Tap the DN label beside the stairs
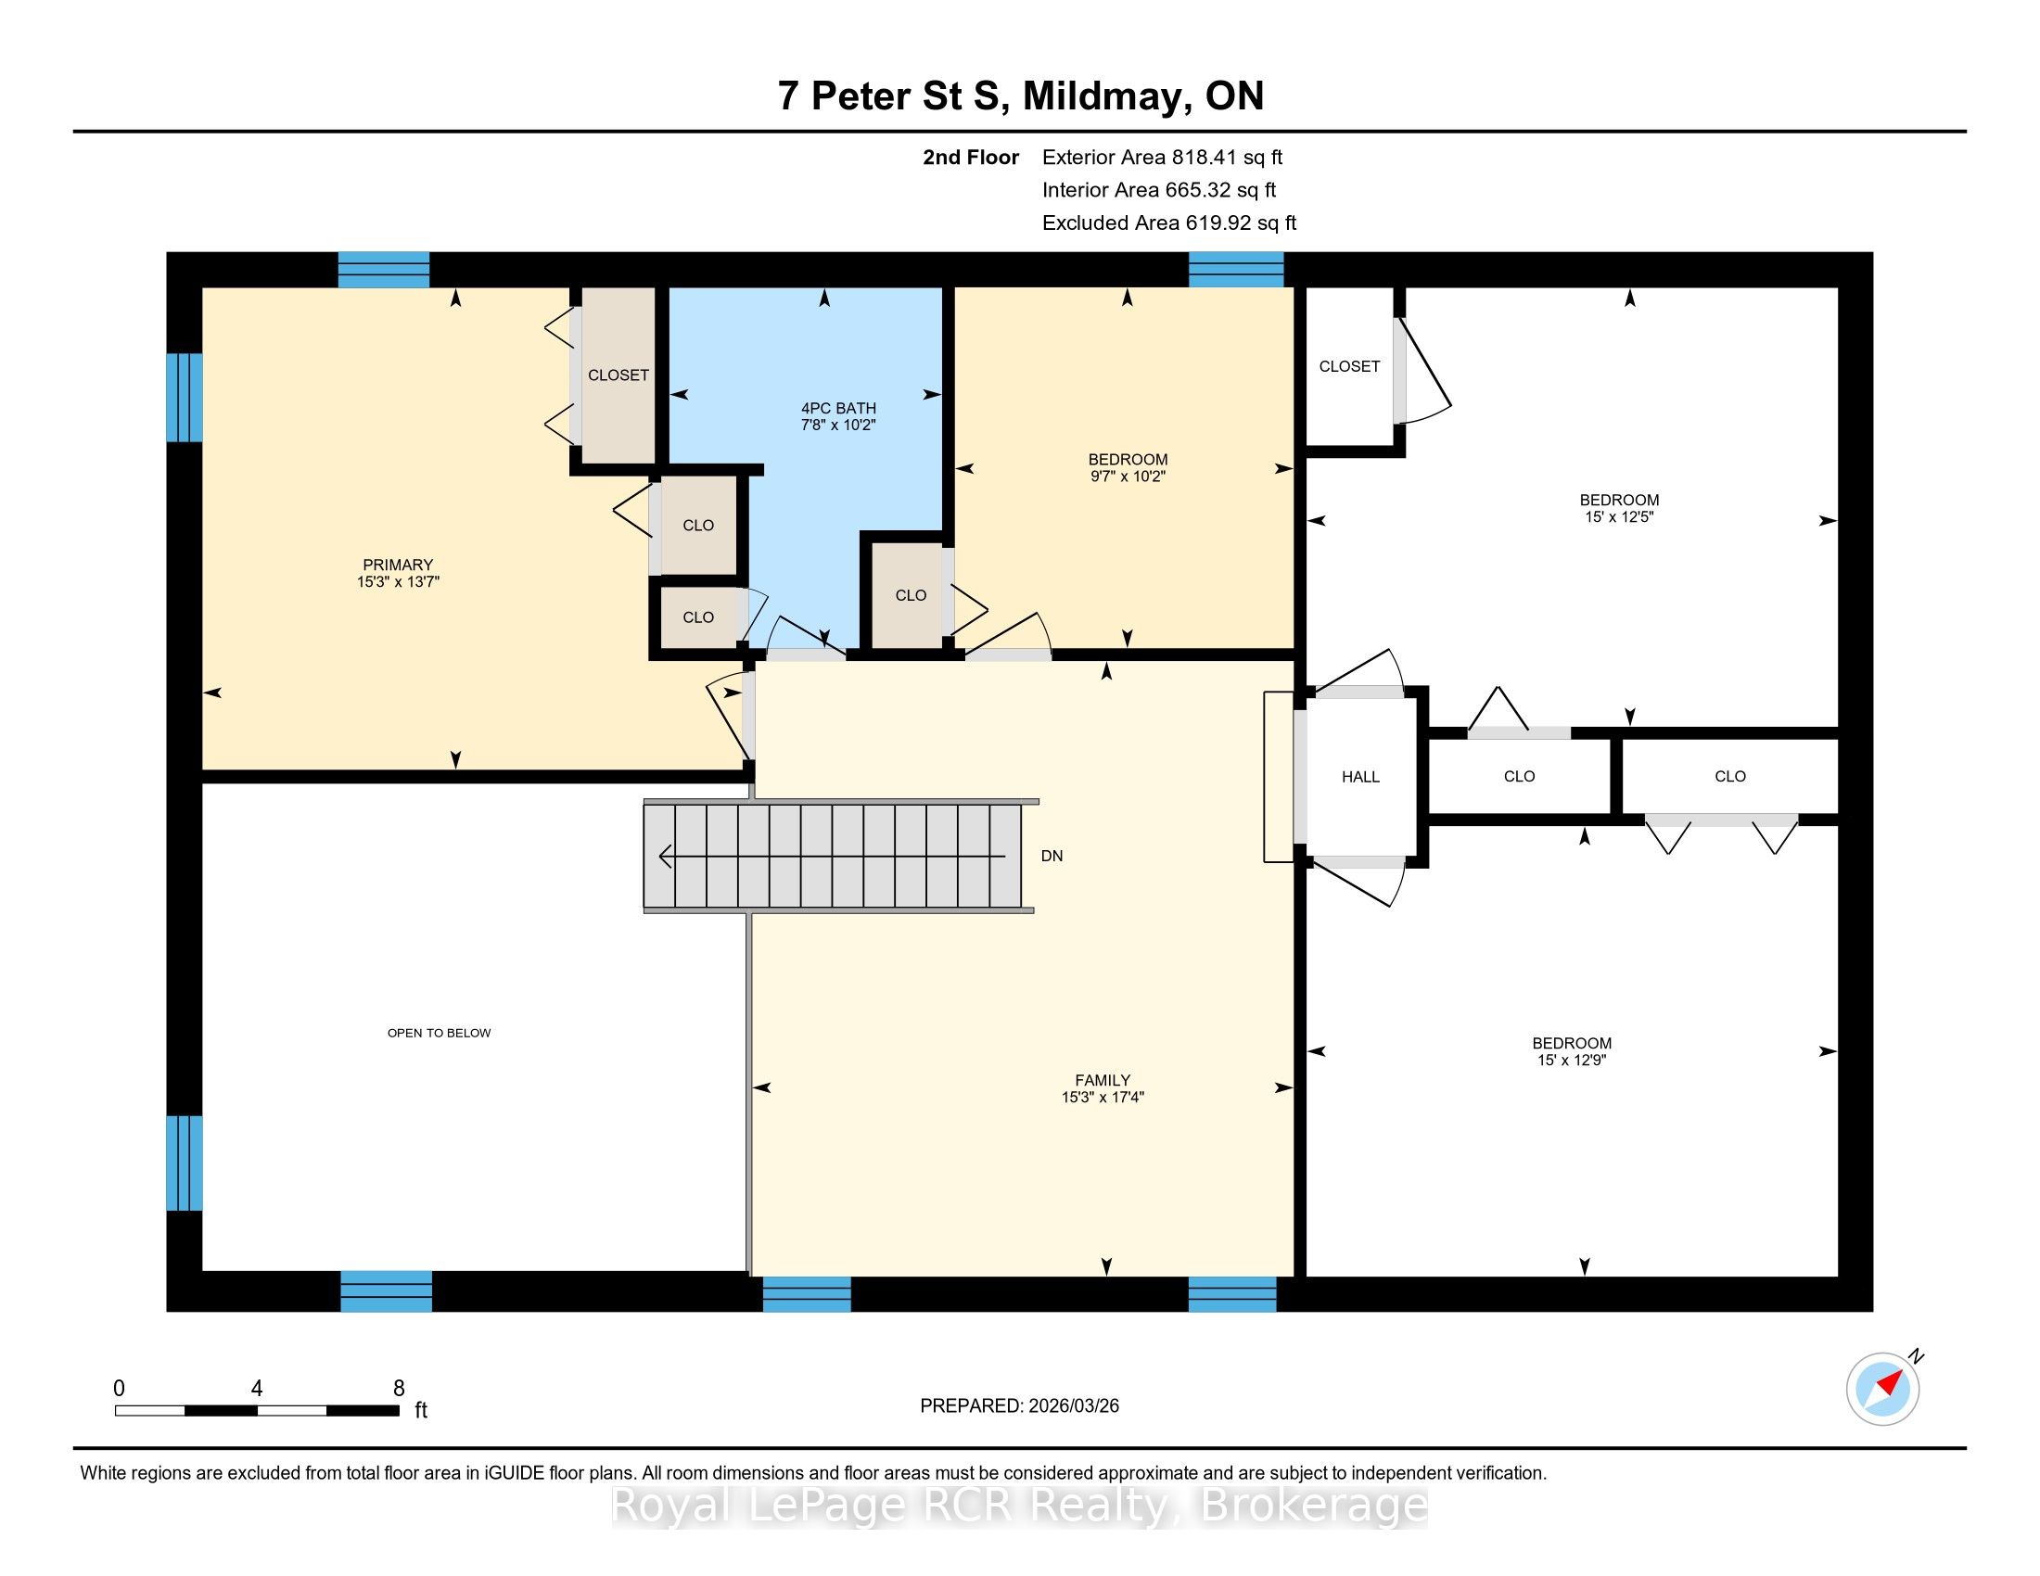[1052, 857]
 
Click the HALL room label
[1360, 777]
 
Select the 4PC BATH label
[839, 408]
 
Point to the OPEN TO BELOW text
[439, 1033]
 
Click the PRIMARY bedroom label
[398, 565]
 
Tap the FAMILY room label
[1103, 1080]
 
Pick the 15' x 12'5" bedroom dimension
[1619, 516]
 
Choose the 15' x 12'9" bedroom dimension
[1571, 1060]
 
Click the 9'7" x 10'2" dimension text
[1128, 477]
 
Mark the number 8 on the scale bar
[399, 1389]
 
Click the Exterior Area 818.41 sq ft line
[1163, 158]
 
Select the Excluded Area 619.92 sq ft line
[1169, 223]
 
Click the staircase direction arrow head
[666, 856]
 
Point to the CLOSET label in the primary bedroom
[618, 375]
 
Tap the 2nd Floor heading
[971, 158]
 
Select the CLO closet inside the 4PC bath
[911, 596]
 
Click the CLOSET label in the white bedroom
[1349, 367]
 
